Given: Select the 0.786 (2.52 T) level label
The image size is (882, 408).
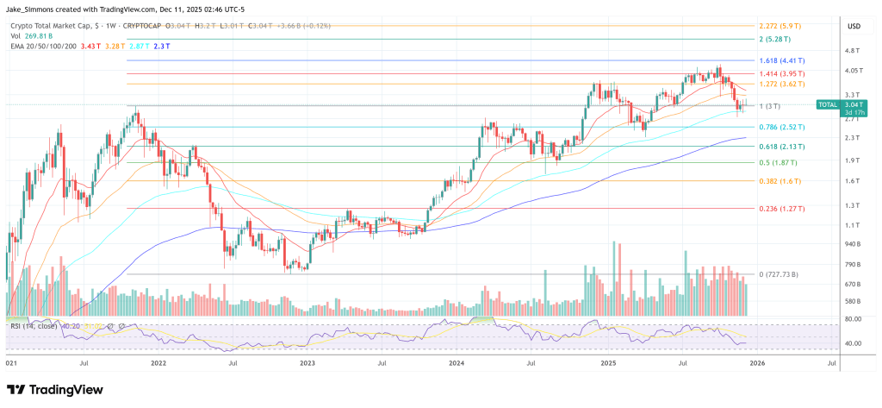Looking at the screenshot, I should (x=785, y=127).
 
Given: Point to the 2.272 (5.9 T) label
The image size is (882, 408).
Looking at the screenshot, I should (x=781, y=25).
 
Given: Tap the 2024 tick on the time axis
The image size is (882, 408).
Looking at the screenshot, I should (x=456, y=364).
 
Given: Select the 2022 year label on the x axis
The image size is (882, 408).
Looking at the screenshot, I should (x=158, y=364).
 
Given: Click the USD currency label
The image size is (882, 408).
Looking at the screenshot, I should (x=854, y=26).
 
